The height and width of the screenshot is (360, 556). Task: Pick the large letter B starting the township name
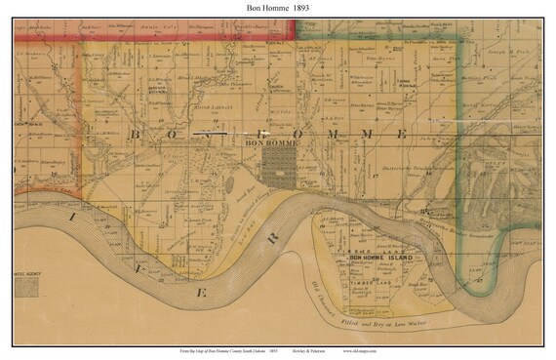coord(137,134)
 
